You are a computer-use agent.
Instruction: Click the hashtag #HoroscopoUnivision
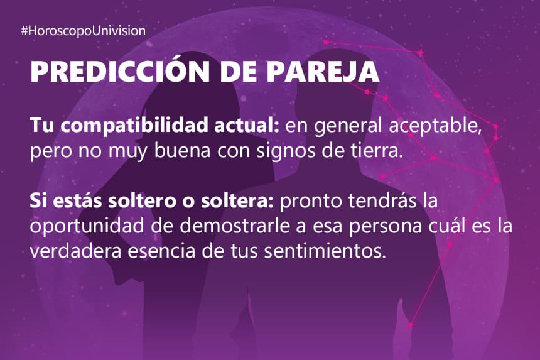click(x=84, y=31)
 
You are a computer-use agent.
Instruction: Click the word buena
click(x=182, y=151)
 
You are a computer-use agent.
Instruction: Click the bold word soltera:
click(x=237, y=201)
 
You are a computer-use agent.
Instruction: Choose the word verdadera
click(x=76, y=251)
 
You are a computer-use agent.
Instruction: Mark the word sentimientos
click(x=323, y=251)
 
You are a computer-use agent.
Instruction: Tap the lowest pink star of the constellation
click(x=411, y=325)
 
